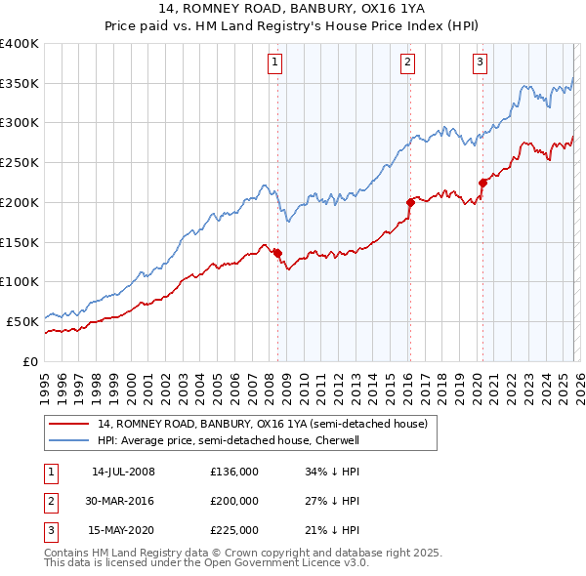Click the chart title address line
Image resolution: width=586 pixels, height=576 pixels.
292,12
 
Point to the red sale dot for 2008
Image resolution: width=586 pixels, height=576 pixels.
277,253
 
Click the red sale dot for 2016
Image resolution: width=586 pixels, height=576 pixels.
410,202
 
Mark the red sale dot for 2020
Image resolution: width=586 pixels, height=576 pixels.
481,183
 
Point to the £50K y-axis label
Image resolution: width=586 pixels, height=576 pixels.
22,321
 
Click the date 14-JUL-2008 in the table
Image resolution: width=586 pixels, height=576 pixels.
123,472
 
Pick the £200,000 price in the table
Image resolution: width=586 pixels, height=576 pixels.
234,501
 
